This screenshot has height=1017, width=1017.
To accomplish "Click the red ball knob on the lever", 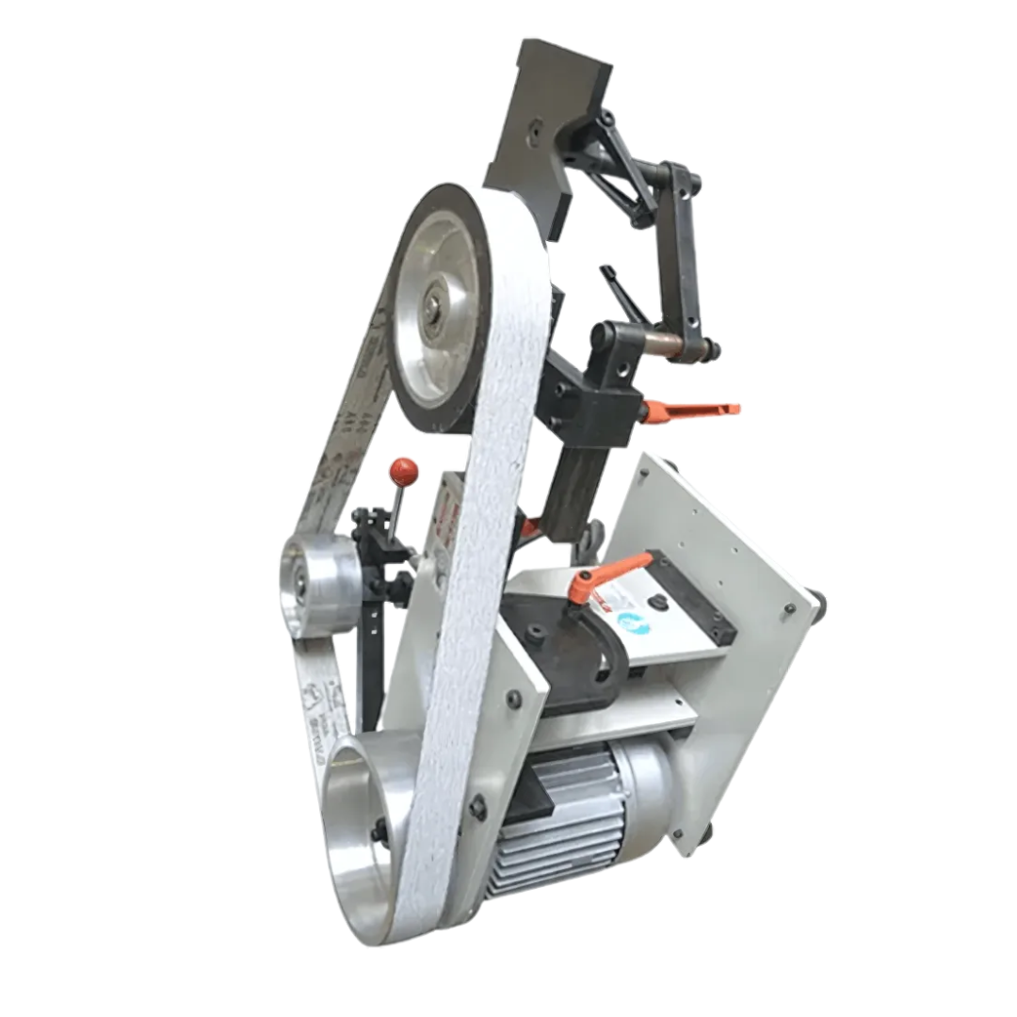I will [404, 469].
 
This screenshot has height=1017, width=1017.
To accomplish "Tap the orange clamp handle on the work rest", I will [606, 575].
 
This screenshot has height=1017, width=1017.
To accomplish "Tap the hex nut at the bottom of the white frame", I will [477, 807].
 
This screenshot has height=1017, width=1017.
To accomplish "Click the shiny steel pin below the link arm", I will [676, 347].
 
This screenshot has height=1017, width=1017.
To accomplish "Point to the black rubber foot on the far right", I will [816, 603].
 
